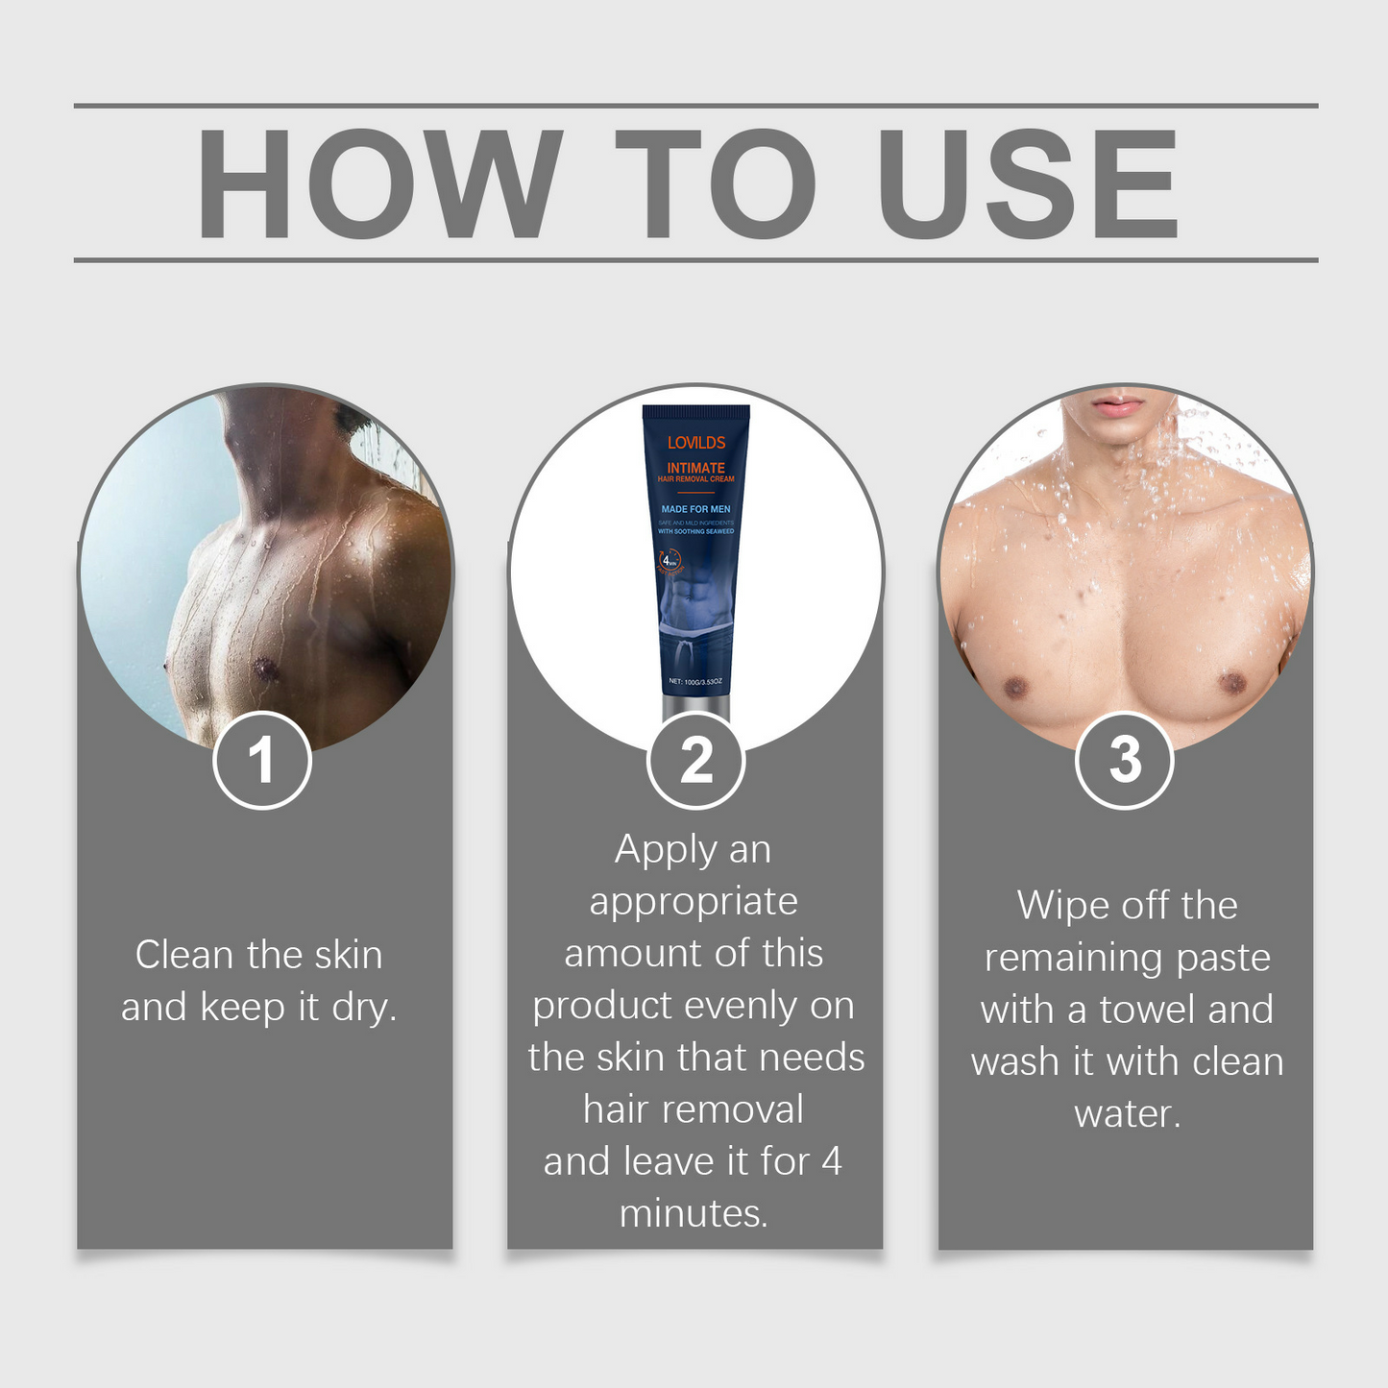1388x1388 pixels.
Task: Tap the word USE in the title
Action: (x=1027, y=183)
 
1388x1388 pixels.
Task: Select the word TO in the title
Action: (x=716, y=183)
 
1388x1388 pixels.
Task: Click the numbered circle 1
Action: (x=261, y=760)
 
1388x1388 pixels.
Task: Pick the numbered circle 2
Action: (x=695, y=760)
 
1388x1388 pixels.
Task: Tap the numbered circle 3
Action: (x=1124, y=760)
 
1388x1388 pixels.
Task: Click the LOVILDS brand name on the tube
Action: (x=696, y=443)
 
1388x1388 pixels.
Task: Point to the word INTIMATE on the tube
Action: (x=696, y=468)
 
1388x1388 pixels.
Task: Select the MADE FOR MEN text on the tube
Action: (x=695, y=509)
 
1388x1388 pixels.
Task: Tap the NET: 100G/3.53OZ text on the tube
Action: (x=695, y=681)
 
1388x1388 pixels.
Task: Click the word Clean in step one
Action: (x=184, y=955)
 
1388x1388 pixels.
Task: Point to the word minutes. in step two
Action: (x=694, y=1214)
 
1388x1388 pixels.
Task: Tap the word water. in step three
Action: (x=1127, y=1114)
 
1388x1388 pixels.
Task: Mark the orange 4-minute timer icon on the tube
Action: (x=670, y=559)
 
